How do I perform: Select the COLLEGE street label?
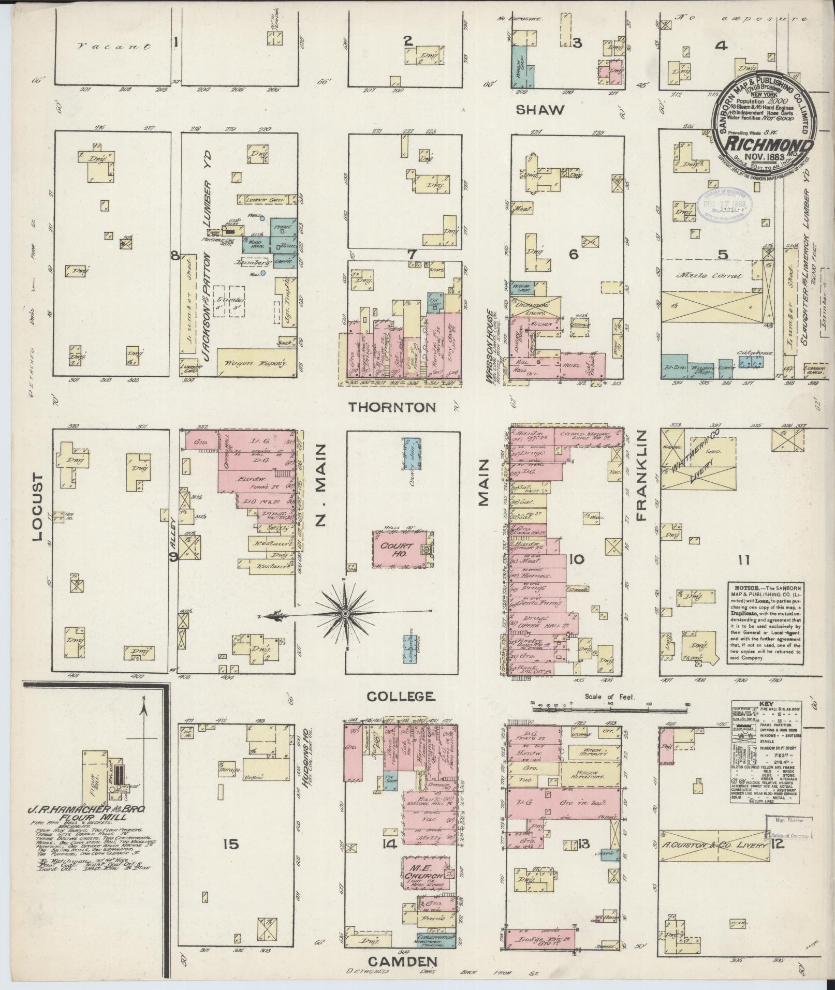pyautogui.click(x=401, y=697)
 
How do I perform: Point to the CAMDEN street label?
pyautogui.click(x=403, y=962)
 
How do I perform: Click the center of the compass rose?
pyautogui.click(x=344, y=614)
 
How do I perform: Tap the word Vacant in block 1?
pyautogui.click(x=114, y=47)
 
